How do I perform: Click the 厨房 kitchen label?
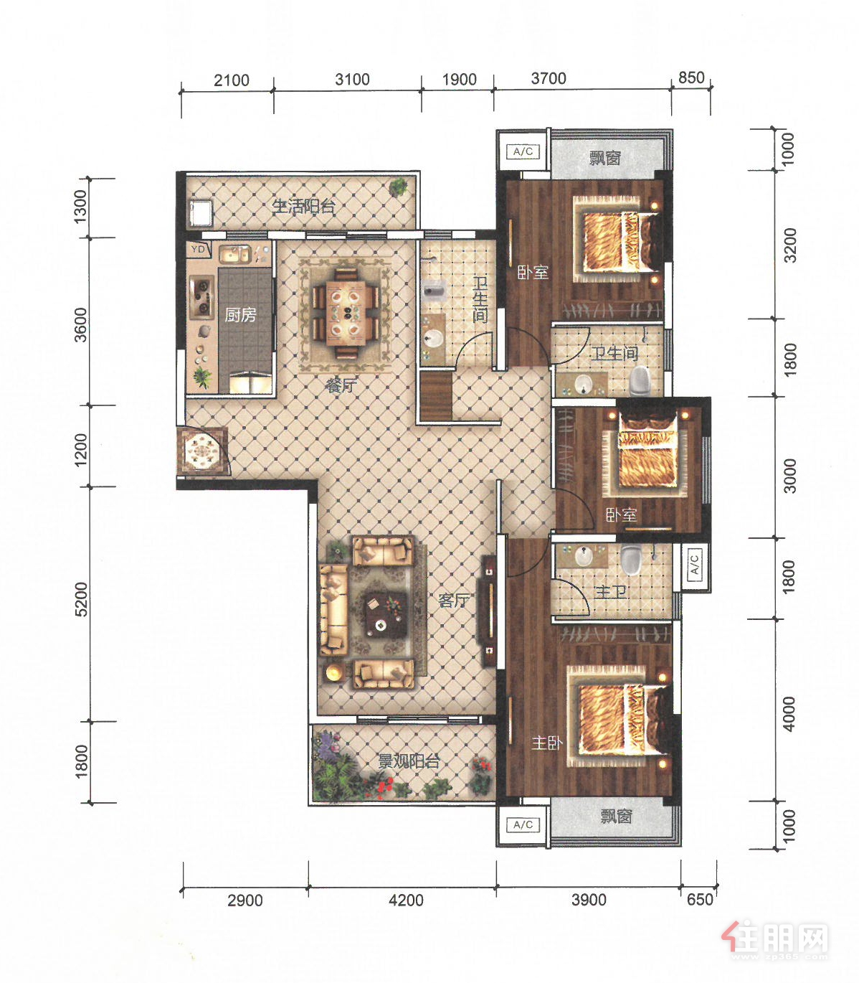tap(240, 315)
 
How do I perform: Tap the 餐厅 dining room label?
tap(341, 385)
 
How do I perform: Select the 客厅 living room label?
tap(454, 600)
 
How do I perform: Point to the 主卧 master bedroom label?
tap(547, 743)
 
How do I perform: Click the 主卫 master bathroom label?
tap(611, 592)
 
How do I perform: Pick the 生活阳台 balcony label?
tap(303, 207)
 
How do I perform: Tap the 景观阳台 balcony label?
tap(409, 761)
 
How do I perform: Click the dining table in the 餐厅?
tap(345, 313)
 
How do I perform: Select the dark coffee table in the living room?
tap(386, 616)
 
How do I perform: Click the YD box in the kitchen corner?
tap(199, 250)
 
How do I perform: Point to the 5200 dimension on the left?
tap(82, 598)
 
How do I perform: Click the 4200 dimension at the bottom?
tap(407, 900)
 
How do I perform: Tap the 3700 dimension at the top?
tap(549, 78)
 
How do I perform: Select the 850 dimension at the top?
tap(691, 77)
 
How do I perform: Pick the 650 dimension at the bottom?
tap(700, 899)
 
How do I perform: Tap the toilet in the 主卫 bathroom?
tap(630, 559)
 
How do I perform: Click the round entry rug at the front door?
tap(202, 451)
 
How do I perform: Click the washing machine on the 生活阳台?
tap(201, 212)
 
